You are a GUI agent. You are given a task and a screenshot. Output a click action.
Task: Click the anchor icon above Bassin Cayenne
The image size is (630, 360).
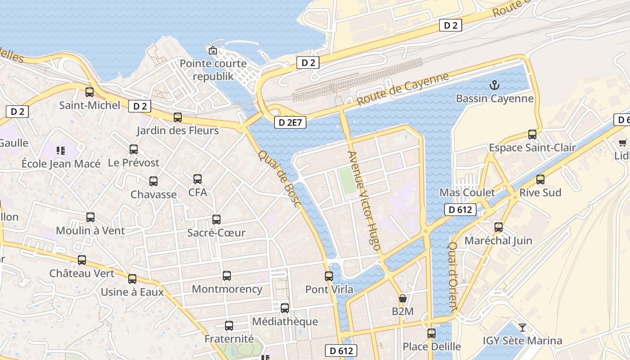click(495, 85)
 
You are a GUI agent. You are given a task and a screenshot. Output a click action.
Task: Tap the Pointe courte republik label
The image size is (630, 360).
click(213, 70)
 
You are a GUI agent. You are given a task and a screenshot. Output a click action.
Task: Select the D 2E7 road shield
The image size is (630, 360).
click(290, 122)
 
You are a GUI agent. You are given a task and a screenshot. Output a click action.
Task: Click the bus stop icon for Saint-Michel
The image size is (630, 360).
click(90, 92)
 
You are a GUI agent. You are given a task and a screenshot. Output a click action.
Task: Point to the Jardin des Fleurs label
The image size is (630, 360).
click(178, 130)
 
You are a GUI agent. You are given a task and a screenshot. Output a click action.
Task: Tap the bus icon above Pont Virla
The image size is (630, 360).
click(329, 276)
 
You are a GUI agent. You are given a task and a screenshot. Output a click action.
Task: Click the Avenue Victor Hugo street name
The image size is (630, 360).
click(364, 201)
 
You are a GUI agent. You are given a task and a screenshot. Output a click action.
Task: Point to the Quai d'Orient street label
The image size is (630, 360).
click(453, 277)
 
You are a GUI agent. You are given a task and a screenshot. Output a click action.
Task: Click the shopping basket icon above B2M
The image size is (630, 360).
click(403, 298)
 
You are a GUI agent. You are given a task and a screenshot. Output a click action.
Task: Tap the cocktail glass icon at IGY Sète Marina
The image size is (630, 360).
click(522, 328)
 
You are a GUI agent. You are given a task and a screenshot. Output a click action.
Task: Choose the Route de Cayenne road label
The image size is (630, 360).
click(403, 89)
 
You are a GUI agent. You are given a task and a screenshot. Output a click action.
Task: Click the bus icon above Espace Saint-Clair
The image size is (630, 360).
click(532, 135)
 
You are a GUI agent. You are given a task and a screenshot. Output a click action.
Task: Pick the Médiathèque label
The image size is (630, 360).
click(285, 321)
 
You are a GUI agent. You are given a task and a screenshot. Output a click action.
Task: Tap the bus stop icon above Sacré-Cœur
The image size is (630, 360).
click(216, 220)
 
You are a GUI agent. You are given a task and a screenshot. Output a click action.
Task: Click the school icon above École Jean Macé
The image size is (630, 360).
click(61, 150)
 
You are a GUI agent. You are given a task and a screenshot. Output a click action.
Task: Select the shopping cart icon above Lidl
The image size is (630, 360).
click(622, 143)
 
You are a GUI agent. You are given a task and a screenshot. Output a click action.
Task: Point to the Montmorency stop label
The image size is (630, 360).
click(227, 289)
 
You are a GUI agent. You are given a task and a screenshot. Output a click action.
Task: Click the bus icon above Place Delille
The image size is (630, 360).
click(432, 333)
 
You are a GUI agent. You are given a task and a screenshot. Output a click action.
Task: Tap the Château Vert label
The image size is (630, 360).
click(82, 273)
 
